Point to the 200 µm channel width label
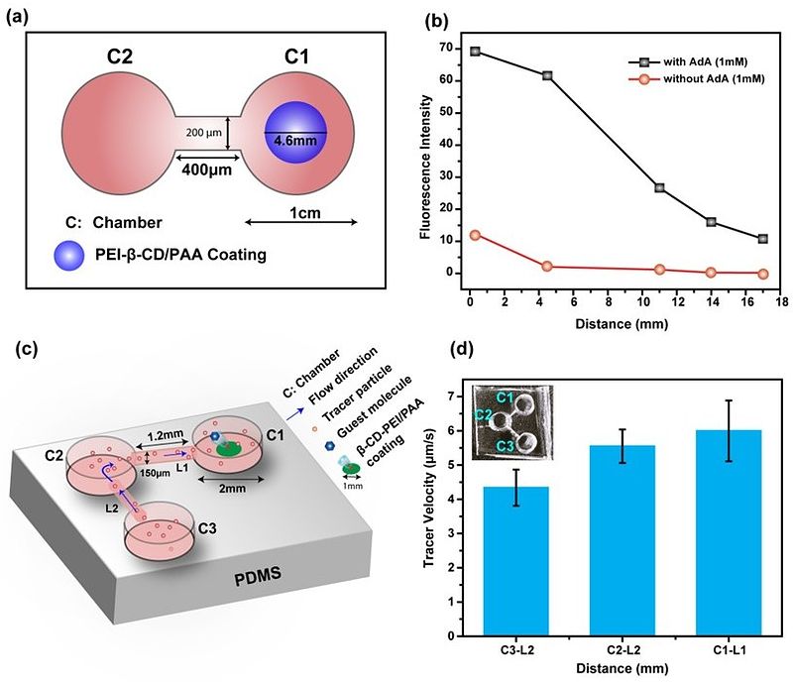pyautogui.click(x=204, y=133)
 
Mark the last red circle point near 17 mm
pyautogui.click(x=762, y=274)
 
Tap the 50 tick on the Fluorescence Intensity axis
pyautogui.click(x=448, y=112)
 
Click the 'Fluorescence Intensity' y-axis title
pyautogui.click(x=423, y=163)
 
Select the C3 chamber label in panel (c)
pyautogui.click(x=204, y=528)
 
